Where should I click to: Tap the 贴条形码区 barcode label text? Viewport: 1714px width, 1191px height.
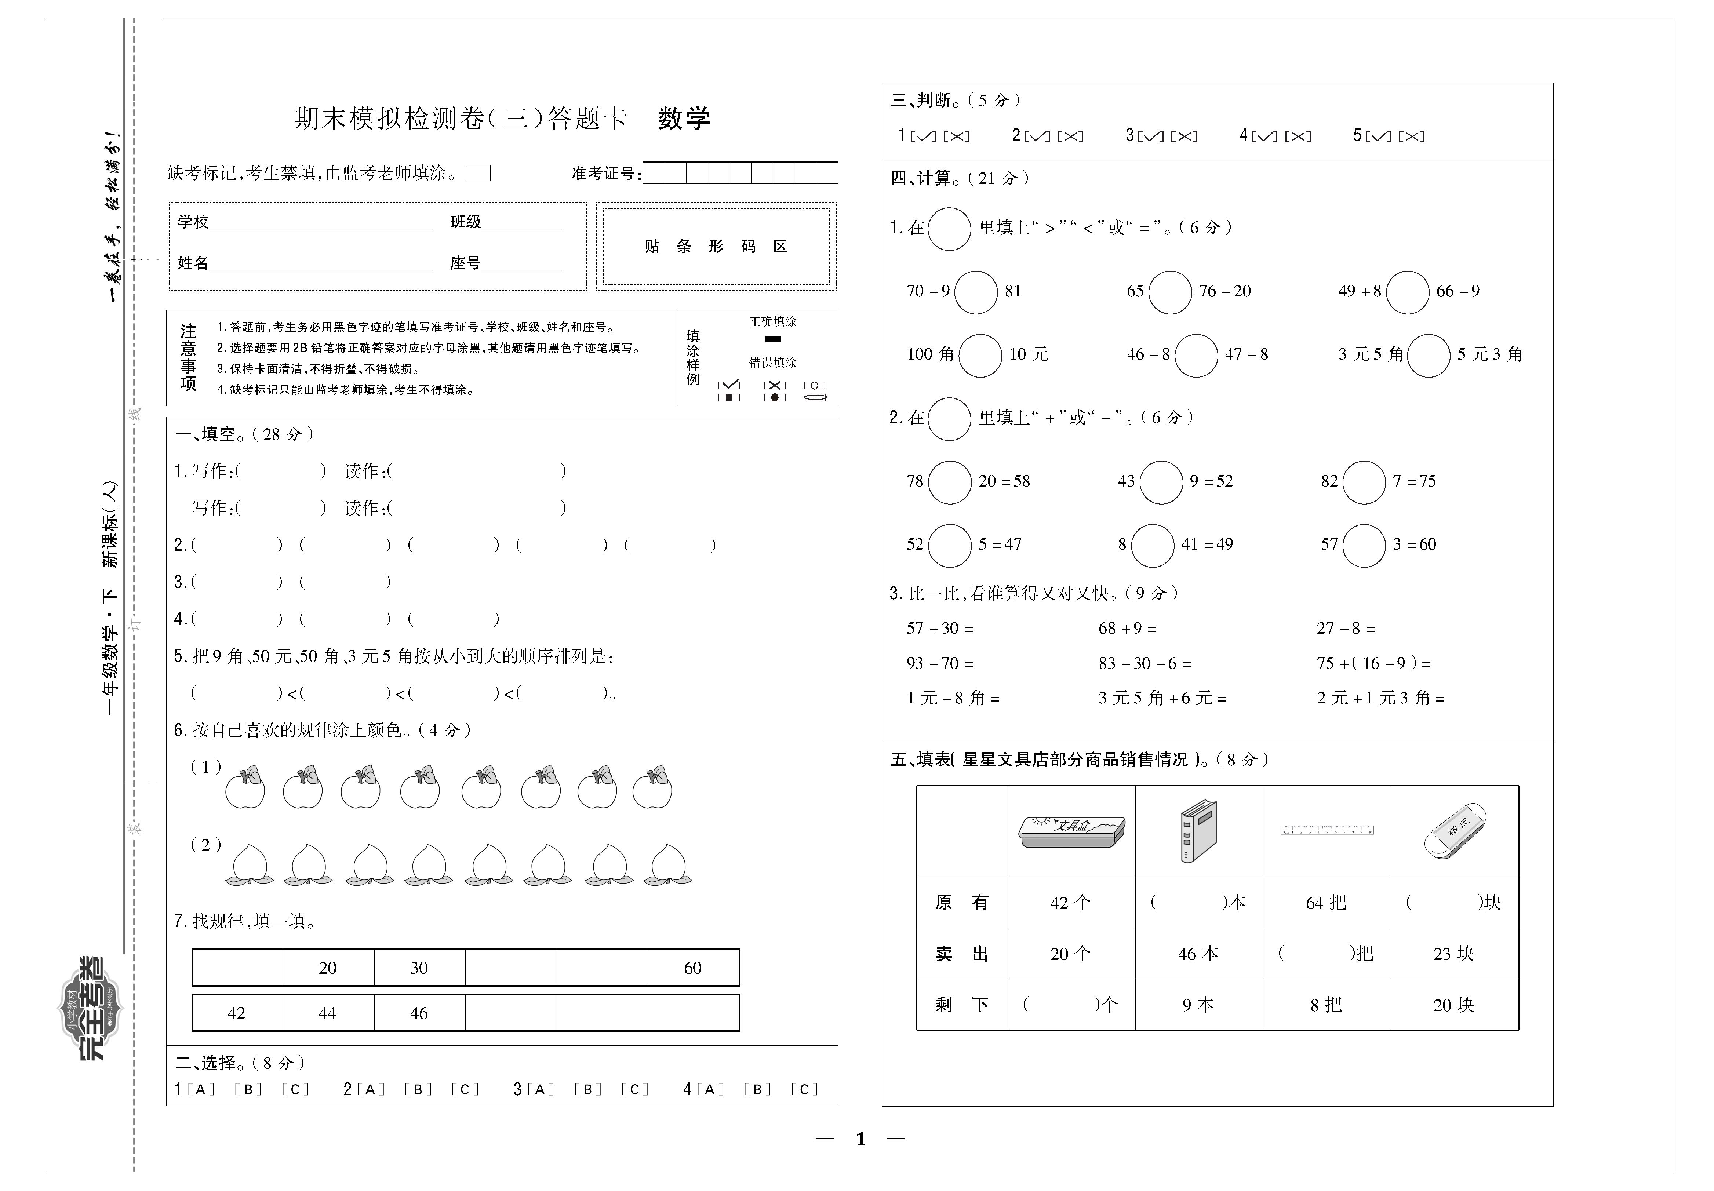tap(716, 246)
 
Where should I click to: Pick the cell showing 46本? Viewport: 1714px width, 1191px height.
tap(1198, 954)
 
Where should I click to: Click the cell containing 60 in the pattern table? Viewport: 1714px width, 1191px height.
tap(692, 968)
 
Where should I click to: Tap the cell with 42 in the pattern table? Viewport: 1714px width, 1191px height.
tap(237, 1013)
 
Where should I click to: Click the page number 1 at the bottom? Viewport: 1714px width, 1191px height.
tap(860, 1139)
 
